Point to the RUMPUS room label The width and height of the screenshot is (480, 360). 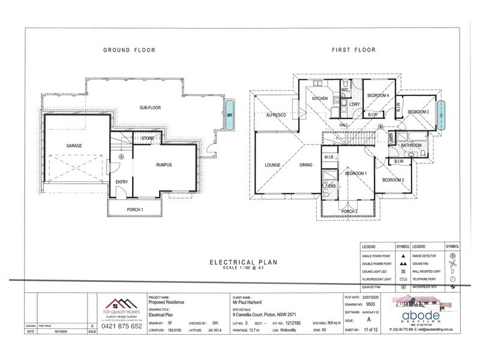tap(164, 167)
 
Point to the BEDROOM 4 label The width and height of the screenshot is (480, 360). tap(379, 95)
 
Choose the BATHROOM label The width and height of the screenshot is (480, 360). tap(412, 145)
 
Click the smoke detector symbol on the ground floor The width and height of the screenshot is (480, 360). tap(121, 157)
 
